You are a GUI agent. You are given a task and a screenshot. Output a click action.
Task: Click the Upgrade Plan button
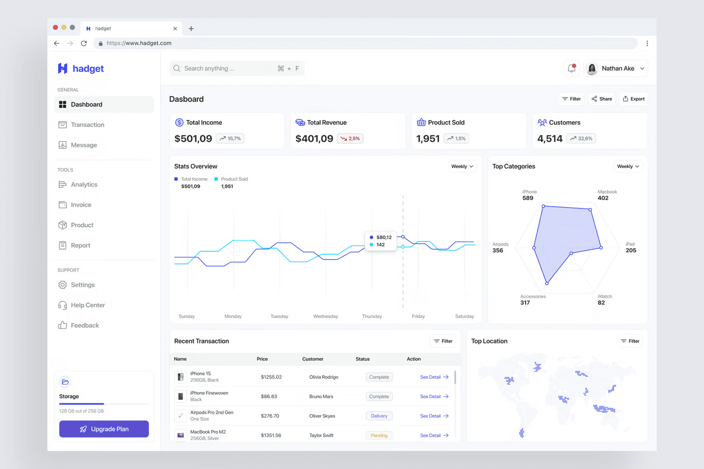(104, 429)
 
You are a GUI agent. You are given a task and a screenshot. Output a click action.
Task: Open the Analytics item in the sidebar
(78, 184)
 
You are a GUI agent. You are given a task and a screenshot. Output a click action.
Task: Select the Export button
(634, 99)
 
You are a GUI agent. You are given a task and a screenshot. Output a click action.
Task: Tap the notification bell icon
(571, 68)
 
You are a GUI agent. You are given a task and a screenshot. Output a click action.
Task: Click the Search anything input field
(237, 68)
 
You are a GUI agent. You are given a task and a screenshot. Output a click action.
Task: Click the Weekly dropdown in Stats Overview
(462, 166)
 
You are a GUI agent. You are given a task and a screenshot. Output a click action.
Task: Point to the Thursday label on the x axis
(372, 316)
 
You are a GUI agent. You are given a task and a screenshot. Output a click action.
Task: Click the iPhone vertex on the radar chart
(543, 206)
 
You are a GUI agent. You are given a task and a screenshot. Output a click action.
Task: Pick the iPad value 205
(631, 250)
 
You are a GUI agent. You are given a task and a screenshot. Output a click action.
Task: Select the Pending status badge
(379, 436)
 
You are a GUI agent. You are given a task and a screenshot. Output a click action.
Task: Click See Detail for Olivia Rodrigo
(434, 377)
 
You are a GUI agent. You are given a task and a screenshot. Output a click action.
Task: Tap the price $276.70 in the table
(270, 416)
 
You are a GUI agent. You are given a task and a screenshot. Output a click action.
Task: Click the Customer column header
(313, 359)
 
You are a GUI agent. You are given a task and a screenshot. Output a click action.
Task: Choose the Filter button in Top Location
(630, 341)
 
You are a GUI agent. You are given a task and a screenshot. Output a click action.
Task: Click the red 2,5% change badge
(350, 139)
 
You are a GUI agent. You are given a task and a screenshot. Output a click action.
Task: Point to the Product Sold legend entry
(231, 179)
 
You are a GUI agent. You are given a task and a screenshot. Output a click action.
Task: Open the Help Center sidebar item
(81, 305)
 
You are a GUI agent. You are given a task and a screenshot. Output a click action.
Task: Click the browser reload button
(84, 43)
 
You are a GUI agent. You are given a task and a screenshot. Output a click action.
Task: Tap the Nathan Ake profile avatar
(592, 68)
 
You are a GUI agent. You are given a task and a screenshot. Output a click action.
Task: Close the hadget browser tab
(175, 29)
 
